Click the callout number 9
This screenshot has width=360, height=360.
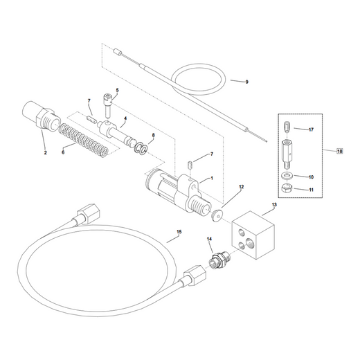[x=246, y=82]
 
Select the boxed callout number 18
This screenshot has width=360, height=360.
[x=340, y=151]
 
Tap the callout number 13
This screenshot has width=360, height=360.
[x=274, y=205]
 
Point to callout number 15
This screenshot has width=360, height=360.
[x=179, y=232]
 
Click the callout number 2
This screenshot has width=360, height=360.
[x=46, y=152]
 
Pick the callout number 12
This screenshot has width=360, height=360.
[x=242, y=187]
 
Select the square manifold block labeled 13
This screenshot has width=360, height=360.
[x=253, y=235]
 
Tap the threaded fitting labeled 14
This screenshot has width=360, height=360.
[x=219, y=260]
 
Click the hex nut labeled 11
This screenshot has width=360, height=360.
[x=287, y=188]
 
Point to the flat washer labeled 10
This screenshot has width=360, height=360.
[x=287, y=175]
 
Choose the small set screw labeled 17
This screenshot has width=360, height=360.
[x=287, y=127]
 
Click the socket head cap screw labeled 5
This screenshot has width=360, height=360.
[x=108, y=105]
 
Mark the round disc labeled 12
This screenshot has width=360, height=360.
[x=217, y=215]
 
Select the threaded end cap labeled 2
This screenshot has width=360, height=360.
[x=41, y=118]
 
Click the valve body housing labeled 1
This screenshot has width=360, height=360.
[x=178, y=192]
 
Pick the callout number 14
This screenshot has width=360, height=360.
[x=209, y=240]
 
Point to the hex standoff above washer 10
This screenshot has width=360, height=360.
[x=287, y=154]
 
